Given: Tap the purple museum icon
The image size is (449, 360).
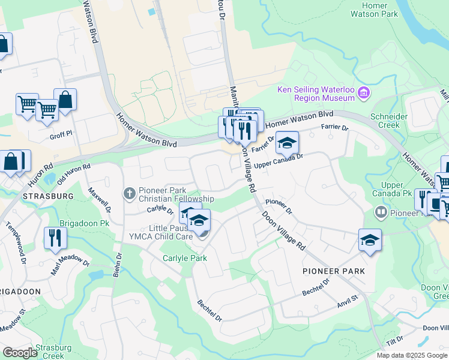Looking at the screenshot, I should click(x=364, y=92).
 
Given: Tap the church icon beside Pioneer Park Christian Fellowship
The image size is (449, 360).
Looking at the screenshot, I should click(x=129, y=193).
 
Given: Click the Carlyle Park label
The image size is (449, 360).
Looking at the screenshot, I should click(x=185, y=258).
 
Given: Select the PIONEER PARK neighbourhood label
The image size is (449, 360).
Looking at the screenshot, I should click(x=334, y=271).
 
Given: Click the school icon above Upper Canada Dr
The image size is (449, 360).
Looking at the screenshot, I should click(x=288, y=143).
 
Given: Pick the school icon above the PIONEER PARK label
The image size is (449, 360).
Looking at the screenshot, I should click(x=370, y=240).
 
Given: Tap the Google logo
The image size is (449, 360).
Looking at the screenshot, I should click(x=20, y=353).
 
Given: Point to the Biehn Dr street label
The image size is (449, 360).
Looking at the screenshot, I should click(x=117, y=265).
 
